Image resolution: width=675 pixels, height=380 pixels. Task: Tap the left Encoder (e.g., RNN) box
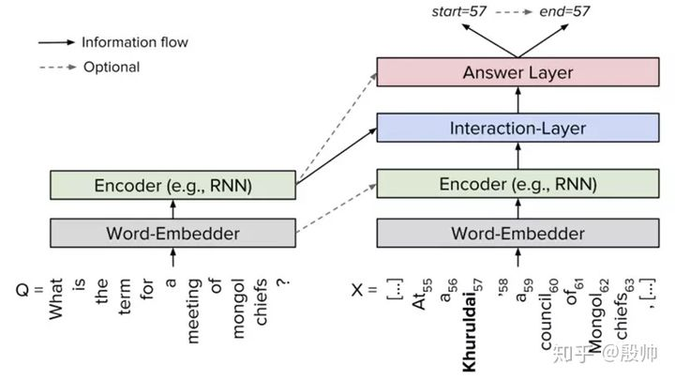(x=172, y=184)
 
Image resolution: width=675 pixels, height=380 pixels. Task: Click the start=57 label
(x=457, y=11)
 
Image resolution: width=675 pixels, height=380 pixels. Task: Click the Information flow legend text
(x=135, y=42)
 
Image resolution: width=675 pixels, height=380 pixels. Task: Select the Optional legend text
(x=112, y=67)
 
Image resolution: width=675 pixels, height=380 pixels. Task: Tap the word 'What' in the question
(x=55, y=300)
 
